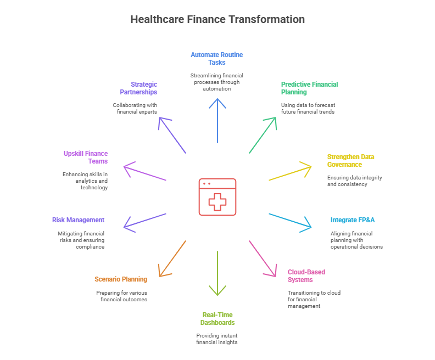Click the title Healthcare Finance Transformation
[x=217, y=19]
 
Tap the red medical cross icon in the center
[x=217, y=197]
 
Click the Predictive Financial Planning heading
[x=309, y=88]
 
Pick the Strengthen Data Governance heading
[x=350, y=160]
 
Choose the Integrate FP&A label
[x=352, y=220]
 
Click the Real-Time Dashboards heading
[x=217, y=319]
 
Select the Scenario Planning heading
[x=121, y=279]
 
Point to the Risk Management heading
[x=78, y=220]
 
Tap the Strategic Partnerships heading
[x=138, y=88]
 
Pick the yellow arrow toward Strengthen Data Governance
[x=290, y=171]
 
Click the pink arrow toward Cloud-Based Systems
[x=263, y=258]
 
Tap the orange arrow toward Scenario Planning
[x=172, y=258]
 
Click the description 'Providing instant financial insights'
[x=217, y=339]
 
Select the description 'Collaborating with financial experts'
[x=135, y=108]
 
